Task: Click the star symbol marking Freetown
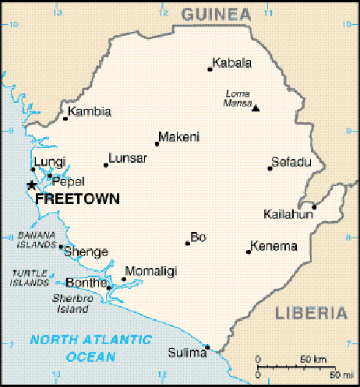(x=31, y=185)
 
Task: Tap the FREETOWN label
(x=78, y=199)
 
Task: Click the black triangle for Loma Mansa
(x=256, y=108)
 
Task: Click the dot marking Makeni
(x=157, y=143)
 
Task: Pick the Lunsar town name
(x=128, y=158)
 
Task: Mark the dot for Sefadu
(x=270, y=168)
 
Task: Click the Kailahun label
(x=287, y=213)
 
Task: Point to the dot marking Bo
(x=187, y=243)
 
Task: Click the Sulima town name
(x=186, y=354)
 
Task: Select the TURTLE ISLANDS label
(x=30, y=277)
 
